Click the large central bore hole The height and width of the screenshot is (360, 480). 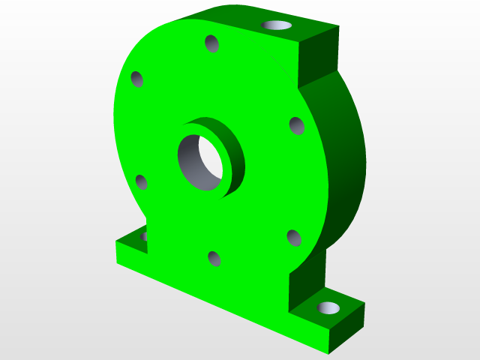(x=201, y=162)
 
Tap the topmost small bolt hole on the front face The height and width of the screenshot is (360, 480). (x=212, y=43)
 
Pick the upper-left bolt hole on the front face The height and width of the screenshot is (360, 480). (x=137, y=79)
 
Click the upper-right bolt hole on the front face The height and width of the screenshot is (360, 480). (x=296, y=125)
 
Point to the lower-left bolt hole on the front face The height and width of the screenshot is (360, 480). (x=141, y=181)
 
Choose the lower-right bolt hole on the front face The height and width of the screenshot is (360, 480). (x=294, y=238)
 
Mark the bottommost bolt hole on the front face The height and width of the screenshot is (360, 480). (x=214, y=259)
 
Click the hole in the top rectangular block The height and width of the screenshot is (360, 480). (x=277, y=25)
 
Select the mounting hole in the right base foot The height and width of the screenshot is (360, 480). (x=328, y=307)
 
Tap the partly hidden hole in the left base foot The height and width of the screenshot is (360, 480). (x=143, y=236)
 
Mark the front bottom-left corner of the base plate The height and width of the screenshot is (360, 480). (x=117, y=263)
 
